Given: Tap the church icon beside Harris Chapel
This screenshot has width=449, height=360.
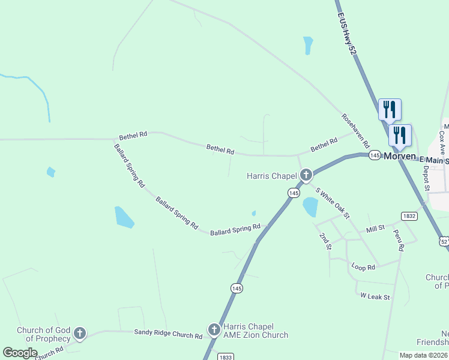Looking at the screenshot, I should coord(306,175).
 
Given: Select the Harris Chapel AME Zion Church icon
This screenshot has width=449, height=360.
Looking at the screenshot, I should coord(214,329).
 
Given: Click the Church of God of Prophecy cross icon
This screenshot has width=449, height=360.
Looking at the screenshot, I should coord(79,334).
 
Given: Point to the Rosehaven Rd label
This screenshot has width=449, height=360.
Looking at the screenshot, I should coord(355,131).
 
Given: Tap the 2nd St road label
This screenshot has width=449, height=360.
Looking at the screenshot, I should coord(325,241).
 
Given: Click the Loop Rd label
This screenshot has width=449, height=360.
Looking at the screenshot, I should coord(363,266).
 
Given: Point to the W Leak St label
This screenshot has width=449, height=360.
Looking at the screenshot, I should coord(375,296).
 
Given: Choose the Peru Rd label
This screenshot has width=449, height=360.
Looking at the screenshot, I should coord(398,240).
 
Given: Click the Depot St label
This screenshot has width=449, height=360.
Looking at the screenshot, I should coord(426,178).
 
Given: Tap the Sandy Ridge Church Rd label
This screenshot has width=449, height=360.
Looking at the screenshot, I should coord(168,335).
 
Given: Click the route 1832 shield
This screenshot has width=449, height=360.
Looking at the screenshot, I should coord(409,216).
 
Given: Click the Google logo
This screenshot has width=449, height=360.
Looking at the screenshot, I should coord(20,353).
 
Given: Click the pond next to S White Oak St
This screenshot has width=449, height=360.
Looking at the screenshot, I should coord(310,206).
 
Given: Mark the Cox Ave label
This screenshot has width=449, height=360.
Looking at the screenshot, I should coord(442,142).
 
